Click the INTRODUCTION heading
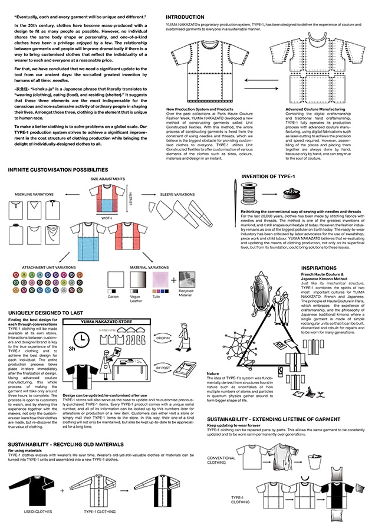185,18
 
